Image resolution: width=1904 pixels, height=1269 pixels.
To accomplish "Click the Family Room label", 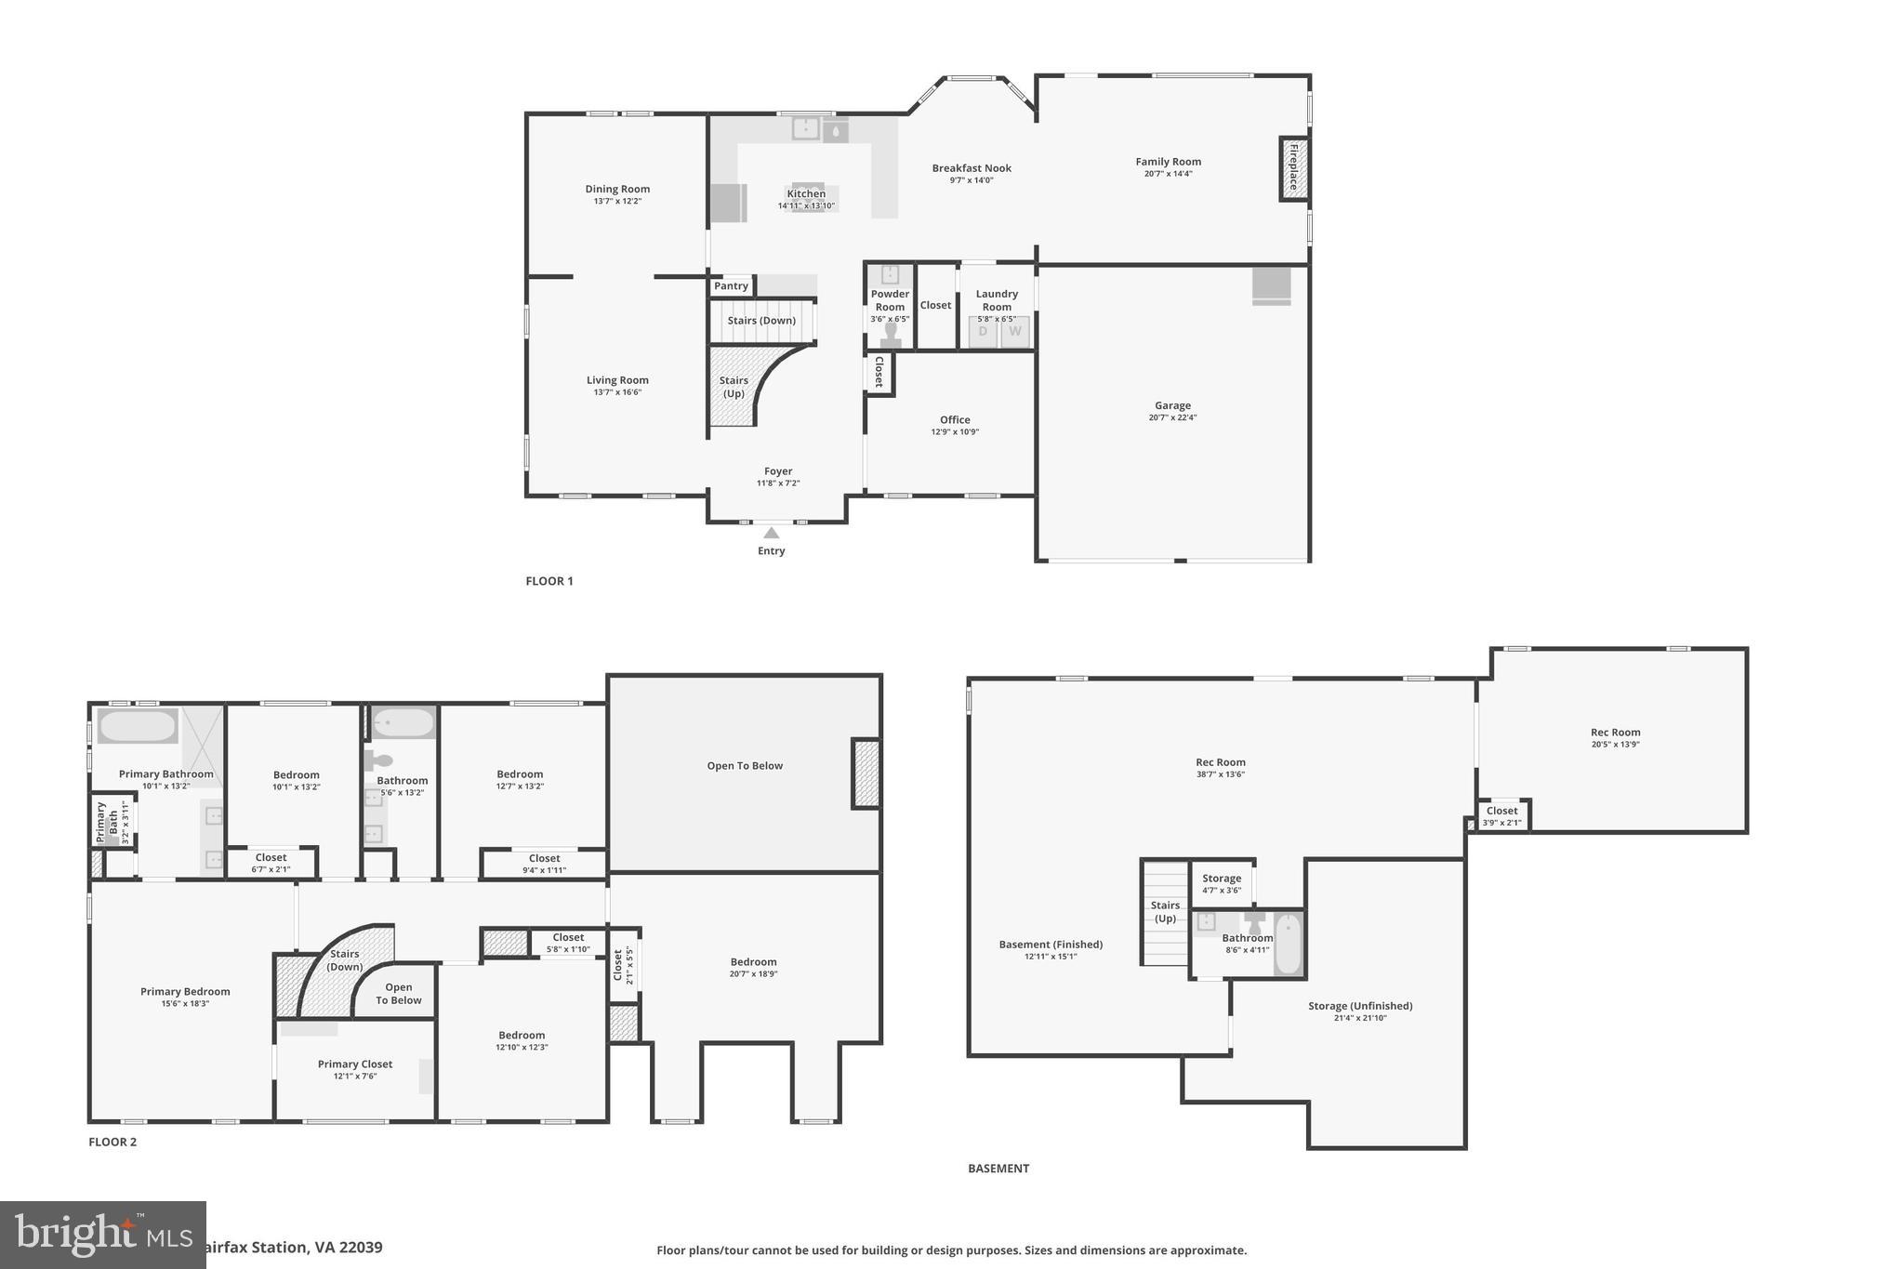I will pos(1168,162).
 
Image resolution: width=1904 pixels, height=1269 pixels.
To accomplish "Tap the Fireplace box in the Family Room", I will pos(1293,168).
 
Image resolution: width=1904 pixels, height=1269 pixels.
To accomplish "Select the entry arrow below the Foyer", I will pos(771,533).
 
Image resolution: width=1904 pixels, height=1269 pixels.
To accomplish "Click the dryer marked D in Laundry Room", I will pos(983,332).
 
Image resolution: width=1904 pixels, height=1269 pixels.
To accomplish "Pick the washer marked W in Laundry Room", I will pos(1015,332).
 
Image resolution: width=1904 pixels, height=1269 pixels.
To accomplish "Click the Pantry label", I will pos(731,286).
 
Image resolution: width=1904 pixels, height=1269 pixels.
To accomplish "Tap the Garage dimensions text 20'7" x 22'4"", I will pos(1172,417).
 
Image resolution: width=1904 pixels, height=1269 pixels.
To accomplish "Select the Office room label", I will pos(955,420).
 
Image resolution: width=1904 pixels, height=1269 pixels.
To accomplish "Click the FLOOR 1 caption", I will pos(549,581).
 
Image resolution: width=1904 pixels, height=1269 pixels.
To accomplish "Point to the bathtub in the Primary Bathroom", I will pos(137,726).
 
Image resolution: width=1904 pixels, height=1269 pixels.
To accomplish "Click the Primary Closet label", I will pos(355,1064).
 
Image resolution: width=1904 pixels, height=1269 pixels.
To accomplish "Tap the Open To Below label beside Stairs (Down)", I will pos(398,994).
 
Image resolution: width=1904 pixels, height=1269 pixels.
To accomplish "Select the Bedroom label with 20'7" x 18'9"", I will pos(753,962).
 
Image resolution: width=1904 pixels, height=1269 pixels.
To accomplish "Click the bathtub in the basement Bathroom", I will pos(1288,945).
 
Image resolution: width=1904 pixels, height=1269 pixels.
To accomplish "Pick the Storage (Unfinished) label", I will pos(1360,1006).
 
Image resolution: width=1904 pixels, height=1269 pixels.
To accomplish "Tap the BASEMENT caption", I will pos(998,1169).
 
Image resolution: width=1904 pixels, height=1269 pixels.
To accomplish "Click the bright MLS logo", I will pos(102,1235).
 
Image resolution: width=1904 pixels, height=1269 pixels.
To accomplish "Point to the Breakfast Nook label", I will pos(972,168).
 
